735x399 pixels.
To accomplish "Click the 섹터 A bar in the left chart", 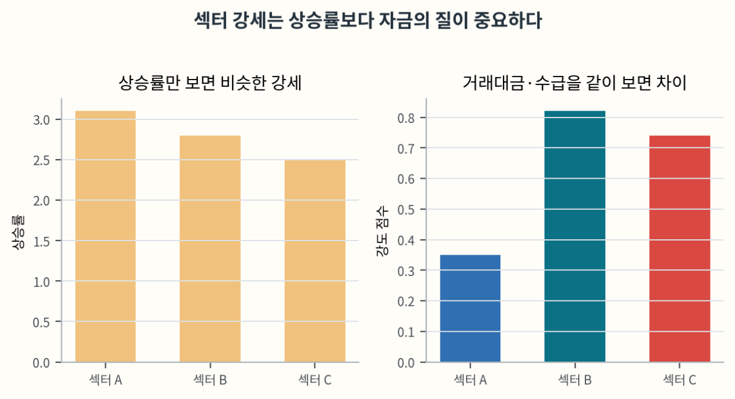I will coord(105,236).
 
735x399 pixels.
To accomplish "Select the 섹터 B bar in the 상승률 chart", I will coord(210,248).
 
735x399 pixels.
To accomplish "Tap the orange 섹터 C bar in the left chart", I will coord(314,261).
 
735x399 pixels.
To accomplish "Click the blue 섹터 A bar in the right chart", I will coord(470,308).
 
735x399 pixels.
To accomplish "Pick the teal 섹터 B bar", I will coord(575,236).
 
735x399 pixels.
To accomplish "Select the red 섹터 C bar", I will coord(679,248).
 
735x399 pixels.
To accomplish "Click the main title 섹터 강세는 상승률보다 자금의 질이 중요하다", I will coord(367,21).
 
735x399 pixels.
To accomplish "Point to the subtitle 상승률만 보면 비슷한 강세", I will coord(210,83).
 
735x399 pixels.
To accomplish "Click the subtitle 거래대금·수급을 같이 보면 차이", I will coord(575,83).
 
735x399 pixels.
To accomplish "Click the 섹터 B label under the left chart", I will coord(210,380).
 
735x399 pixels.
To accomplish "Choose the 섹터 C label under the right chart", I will coord(679,380).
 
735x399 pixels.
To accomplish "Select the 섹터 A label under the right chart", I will coord(470,380).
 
